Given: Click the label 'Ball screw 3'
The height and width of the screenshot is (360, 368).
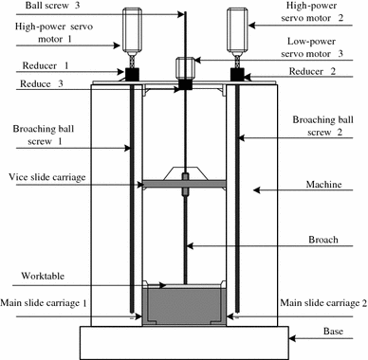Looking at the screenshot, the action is point(52,6).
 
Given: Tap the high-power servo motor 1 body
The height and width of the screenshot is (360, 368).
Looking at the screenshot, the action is point(132,29).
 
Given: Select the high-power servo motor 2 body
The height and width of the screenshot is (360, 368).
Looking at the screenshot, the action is point(237,29).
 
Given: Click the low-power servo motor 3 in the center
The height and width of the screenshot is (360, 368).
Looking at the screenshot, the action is point(185,68).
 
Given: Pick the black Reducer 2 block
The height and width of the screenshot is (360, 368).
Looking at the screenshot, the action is point(237,74).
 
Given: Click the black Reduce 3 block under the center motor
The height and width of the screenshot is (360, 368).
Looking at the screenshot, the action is point(185,84).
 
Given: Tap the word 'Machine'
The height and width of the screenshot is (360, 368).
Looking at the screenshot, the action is point(323,184).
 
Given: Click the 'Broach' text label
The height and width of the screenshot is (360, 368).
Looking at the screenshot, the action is point(323,240).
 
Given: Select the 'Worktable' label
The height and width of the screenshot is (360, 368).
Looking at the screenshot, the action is point(43,276).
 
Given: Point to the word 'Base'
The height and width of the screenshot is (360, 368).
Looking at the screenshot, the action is point(333,331).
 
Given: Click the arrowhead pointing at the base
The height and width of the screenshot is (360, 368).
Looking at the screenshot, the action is point(292,338).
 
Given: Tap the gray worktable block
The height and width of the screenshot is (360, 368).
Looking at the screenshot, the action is point(184,306).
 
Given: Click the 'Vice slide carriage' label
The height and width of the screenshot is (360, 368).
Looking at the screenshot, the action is point(47,177).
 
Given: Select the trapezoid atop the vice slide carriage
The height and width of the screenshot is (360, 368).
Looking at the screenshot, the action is point(185,173).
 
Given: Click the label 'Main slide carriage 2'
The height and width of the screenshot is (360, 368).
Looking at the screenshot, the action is point(323,303).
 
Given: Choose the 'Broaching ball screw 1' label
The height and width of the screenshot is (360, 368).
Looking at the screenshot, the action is point(44,135).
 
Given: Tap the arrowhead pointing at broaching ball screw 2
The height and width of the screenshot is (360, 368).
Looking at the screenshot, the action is point(242,137).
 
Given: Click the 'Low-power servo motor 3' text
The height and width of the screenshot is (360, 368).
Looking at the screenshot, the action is point(312,47).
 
